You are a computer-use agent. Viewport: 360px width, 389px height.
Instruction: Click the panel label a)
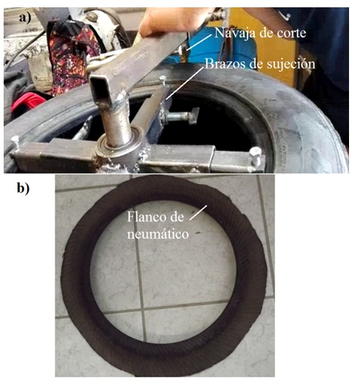(x=25, y=18)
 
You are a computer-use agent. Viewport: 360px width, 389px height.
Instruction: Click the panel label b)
(x=23, y=189)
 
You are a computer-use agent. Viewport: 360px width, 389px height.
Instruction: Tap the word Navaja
(x=232, y=33)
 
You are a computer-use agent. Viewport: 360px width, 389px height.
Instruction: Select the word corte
(x=290, y=33)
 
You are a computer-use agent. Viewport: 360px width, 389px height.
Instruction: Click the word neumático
(x=158, y=235)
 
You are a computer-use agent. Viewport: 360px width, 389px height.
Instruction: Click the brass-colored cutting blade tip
(x=183, y=55)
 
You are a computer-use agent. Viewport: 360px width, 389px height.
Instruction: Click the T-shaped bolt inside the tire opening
(x=183, y=116)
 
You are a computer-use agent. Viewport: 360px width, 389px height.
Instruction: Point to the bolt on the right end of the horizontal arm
(x=255, y=156)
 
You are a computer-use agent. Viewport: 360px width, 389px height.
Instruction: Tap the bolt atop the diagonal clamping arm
(x=163, y=81)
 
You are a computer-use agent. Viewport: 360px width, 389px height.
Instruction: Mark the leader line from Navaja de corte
(x=199, y=42)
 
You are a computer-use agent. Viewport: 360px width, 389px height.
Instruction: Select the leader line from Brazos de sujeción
(x=185, y=83)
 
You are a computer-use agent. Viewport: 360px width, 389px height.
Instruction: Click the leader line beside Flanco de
(x=198, y=212)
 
